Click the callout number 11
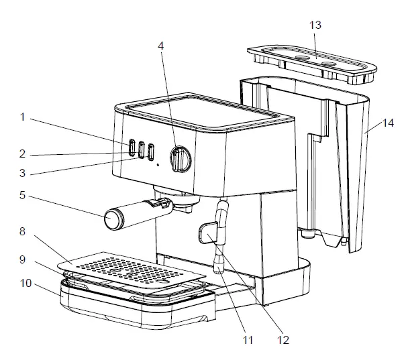[x=248, y=340]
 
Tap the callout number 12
[x=283, y=340]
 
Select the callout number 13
[x=315, y=25]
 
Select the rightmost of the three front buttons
[x=152, y=151]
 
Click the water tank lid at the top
[x=312, y=60]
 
